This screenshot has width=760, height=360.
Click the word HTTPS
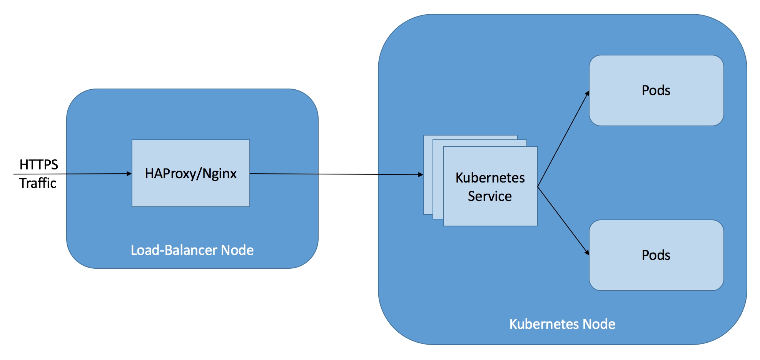[x=38, y=165]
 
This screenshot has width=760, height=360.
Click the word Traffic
[x=38, y=183]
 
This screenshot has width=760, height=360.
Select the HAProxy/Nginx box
[x=191, y=173]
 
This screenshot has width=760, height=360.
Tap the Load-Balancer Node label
[x=192, y=250]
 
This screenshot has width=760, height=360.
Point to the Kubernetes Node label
[x=562, y=324]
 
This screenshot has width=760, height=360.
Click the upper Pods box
[x=656, y=90]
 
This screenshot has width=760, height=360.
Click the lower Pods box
[x=656, y=255]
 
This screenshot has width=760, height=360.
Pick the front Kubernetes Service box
[x=491, y=186]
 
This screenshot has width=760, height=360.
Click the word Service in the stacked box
[x=490, y=196]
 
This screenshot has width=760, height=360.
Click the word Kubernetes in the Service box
[x=490, y=178]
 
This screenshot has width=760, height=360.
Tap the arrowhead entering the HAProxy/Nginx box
[x=129, y=174]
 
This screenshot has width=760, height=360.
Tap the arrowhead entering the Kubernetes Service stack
[x=421, y=175]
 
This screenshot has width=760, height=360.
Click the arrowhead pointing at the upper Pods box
[x=587, y=94]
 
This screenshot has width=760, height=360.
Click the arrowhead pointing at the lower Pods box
[x=587, y=252]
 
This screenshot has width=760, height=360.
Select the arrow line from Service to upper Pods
[x=563, y=139]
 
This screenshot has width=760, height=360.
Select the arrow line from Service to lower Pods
[x=563, y=221]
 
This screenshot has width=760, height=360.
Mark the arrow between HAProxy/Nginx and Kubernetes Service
[x=337, y=174]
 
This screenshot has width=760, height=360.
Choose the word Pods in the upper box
[x=656, y=90]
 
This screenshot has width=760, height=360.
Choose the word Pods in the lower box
[x=656, y=255]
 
